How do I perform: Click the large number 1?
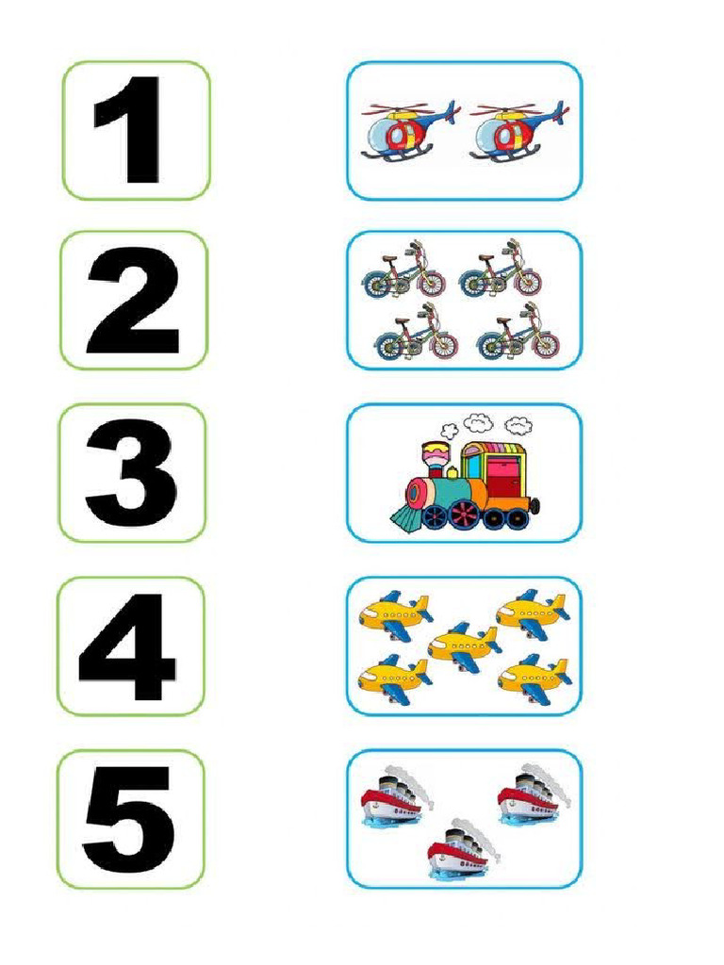tap(132, 130)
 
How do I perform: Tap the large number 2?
tap(133, 302)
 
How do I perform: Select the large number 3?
tap(131, 473)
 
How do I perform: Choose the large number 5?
tap(129, 818)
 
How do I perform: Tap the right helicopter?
tap(516, 132)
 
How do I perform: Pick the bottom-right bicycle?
tap(518, 336)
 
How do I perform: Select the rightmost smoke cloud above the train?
tap(518, 424)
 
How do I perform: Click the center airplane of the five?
tap(464, 646)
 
